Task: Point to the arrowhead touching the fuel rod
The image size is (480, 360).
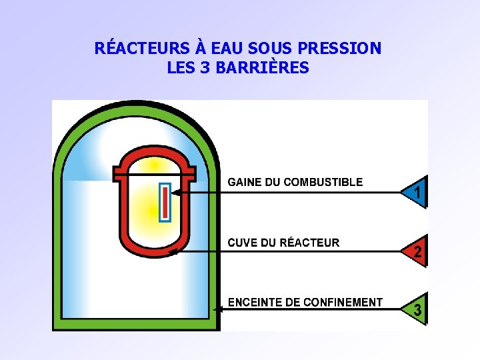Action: (x=175, y=193)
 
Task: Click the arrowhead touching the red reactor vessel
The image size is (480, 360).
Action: (x=173, y=252)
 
